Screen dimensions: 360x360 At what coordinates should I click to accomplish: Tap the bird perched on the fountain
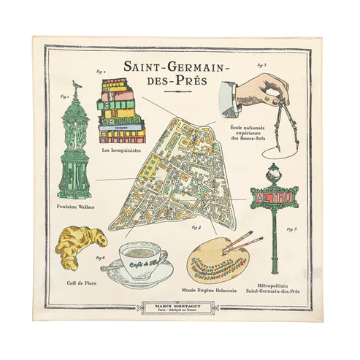(77, 85)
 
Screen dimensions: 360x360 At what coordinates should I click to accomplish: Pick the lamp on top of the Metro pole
(275, 174)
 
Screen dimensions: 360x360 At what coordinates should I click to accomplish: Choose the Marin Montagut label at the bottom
(180, 308)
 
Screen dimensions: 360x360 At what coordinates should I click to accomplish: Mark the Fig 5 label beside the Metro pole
(291, 230)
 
